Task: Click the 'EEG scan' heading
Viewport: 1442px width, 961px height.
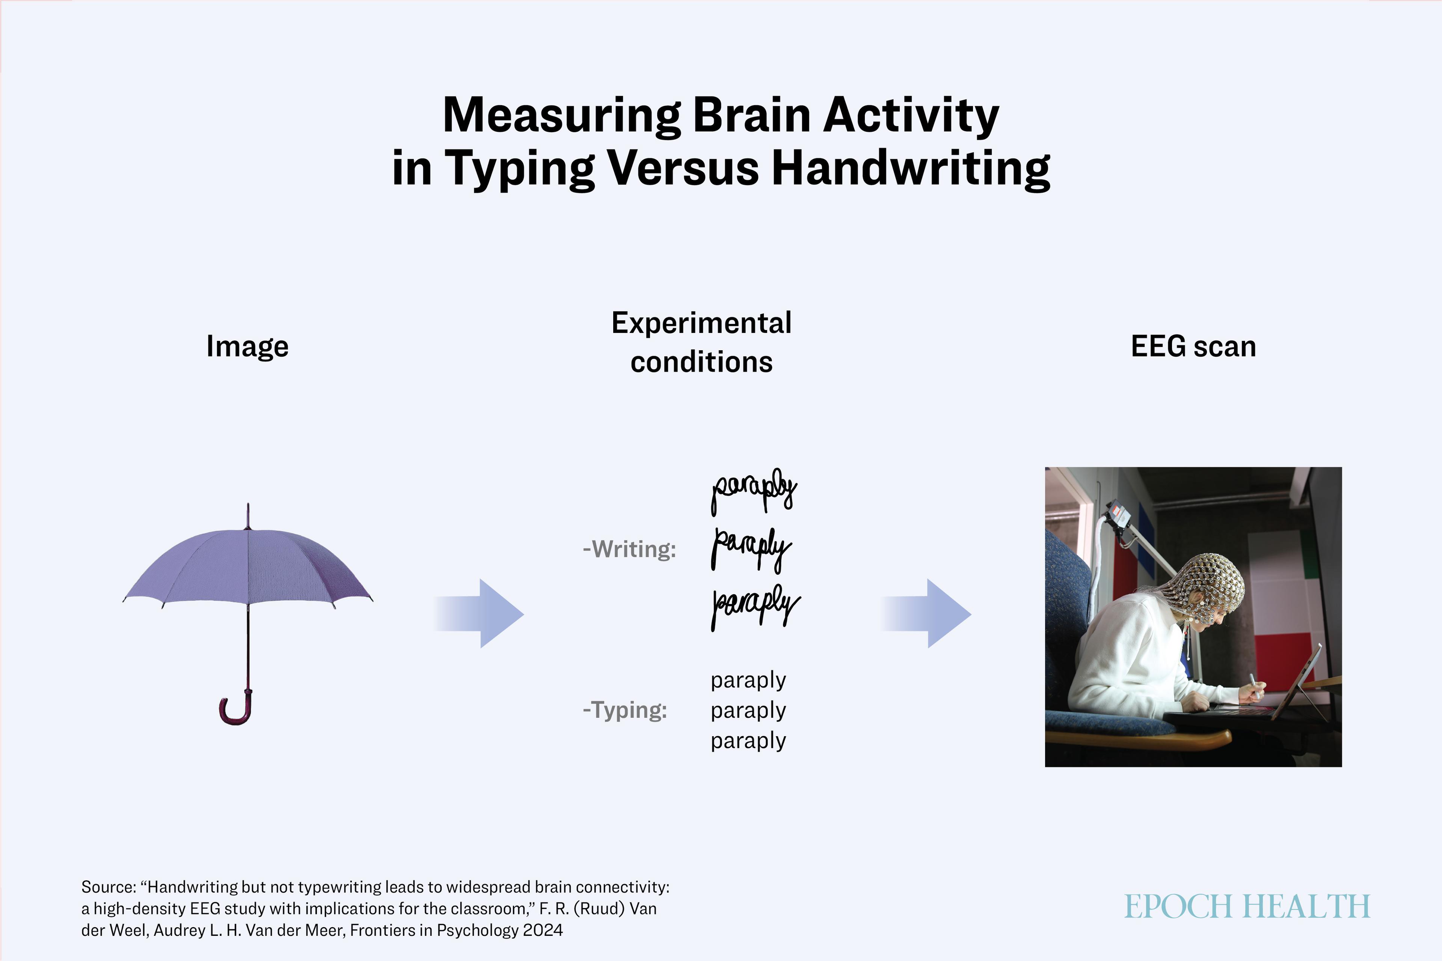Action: point(1193,346)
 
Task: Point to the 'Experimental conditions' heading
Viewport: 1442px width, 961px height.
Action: point(701,342)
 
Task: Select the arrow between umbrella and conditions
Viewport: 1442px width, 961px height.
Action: point(479,613)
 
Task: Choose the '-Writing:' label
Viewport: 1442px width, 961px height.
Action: point(629,549)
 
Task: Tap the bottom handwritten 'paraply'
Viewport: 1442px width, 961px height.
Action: point(755,606)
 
